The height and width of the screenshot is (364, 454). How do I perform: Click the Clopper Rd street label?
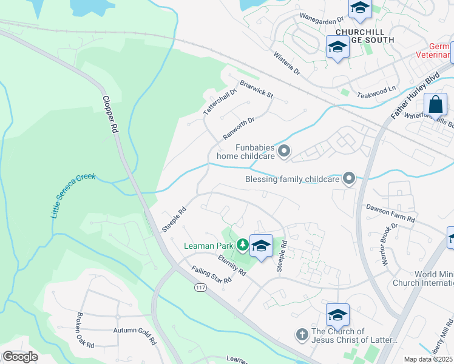pos(109,115)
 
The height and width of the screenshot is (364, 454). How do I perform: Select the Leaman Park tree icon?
pos(242,244)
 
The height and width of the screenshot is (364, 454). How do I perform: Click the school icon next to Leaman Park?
pos(261,246)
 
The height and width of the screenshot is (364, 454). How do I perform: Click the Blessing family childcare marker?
pos(348,178)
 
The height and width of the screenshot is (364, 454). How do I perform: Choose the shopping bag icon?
pos(436,104)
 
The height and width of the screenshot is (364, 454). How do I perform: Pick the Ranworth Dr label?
pos(238,128)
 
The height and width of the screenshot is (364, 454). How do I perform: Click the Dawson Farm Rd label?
pos(390,213)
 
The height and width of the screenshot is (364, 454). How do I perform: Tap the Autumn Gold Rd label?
pos(134,331)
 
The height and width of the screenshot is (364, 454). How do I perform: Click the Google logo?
pos(20,357)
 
